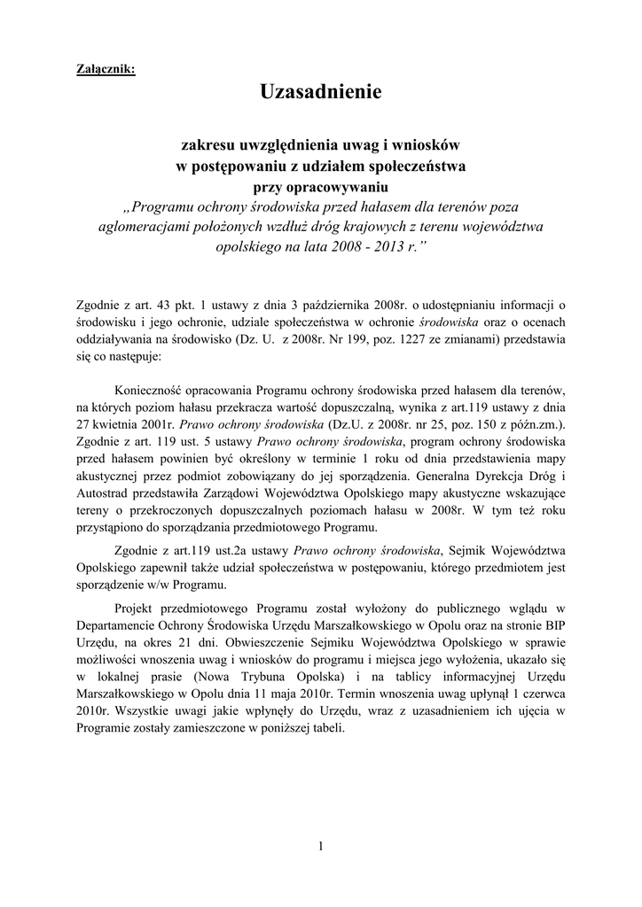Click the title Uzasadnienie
tap(321, 91)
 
